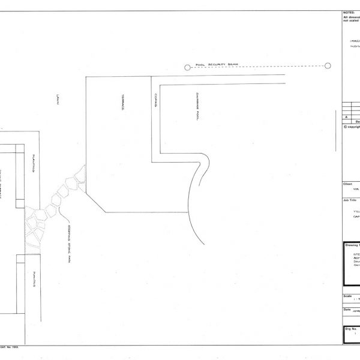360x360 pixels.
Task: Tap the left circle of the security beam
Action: coord(188,68)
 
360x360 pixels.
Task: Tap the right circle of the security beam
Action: coord(328,66)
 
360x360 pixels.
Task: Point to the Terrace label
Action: coord(124,104)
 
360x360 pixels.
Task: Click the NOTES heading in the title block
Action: coord(349,12)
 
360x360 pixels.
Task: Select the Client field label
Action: coord(347,184)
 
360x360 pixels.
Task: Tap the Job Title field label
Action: coord(349,199)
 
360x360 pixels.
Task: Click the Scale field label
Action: coord(347,295)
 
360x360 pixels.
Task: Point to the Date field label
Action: coord(347,310)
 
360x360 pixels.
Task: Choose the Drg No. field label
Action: coord(350,329)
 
